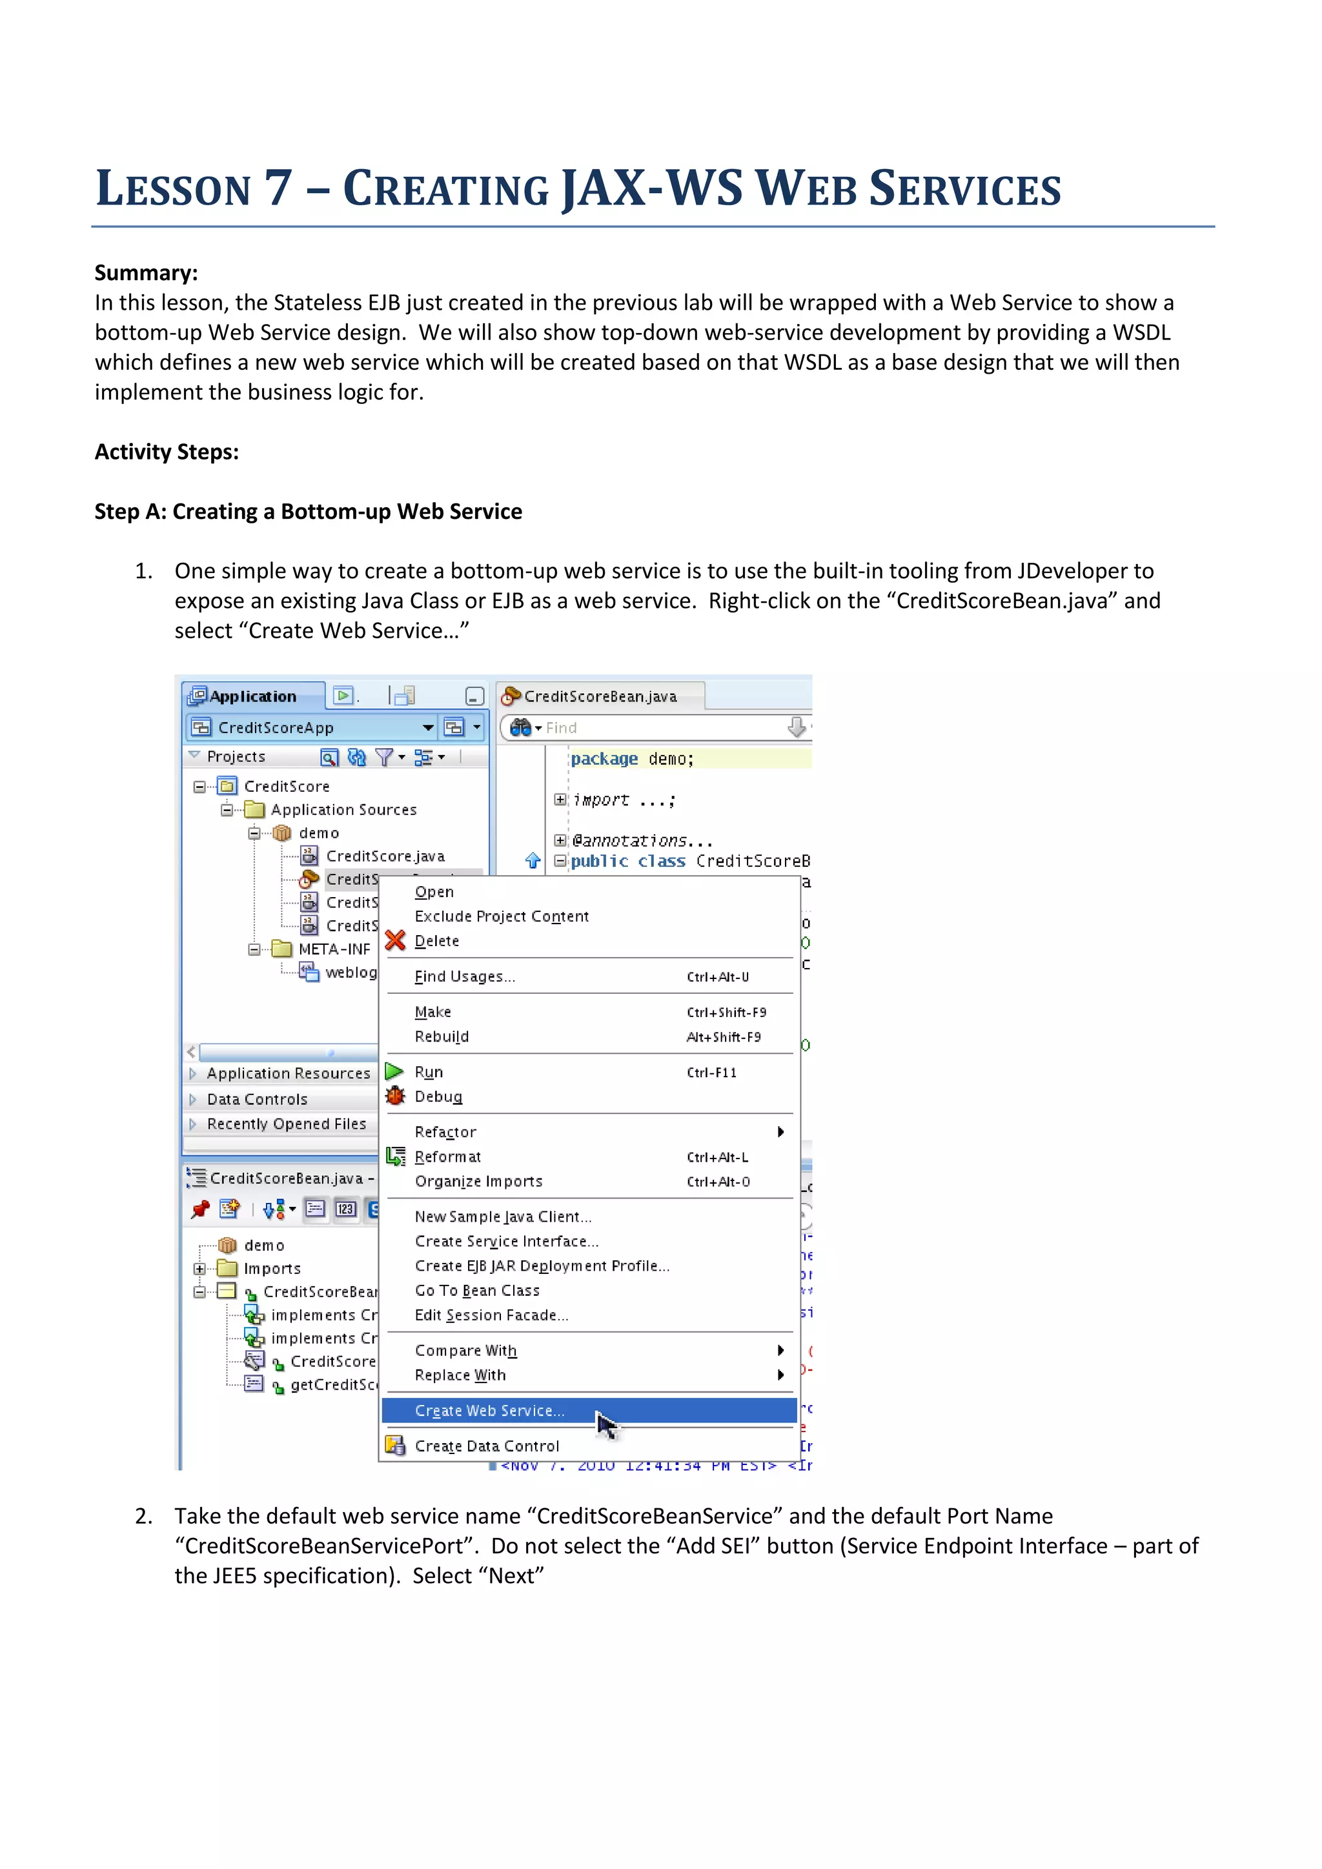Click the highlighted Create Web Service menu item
tap(489, 1411)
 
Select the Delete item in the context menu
tap(437, 941)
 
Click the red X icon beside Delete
tap(396, 941)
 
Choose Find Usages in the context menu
tap(464, 977)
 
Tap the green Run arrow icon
tap(395, 1071)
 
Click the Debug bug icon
tap(396, 1096)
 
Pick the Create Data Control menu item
tap(487, 1446)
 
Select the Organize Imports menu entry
tap(479, 1181)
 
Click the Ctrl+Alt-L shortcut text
tap(717, 1158)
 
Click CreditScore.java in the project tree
tap(385, 856)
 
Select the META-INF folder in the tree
tap(334, 949)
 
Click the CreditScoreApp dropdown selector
tap(314, 728)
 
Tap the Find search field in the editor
tap(659, 728)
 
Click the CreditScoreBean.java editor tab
tap(600, 697)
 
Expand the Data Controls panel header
tap(258, 1099)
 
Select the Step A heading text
tap(308, 511)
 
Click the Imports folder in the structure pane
tap(272, 1268)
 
